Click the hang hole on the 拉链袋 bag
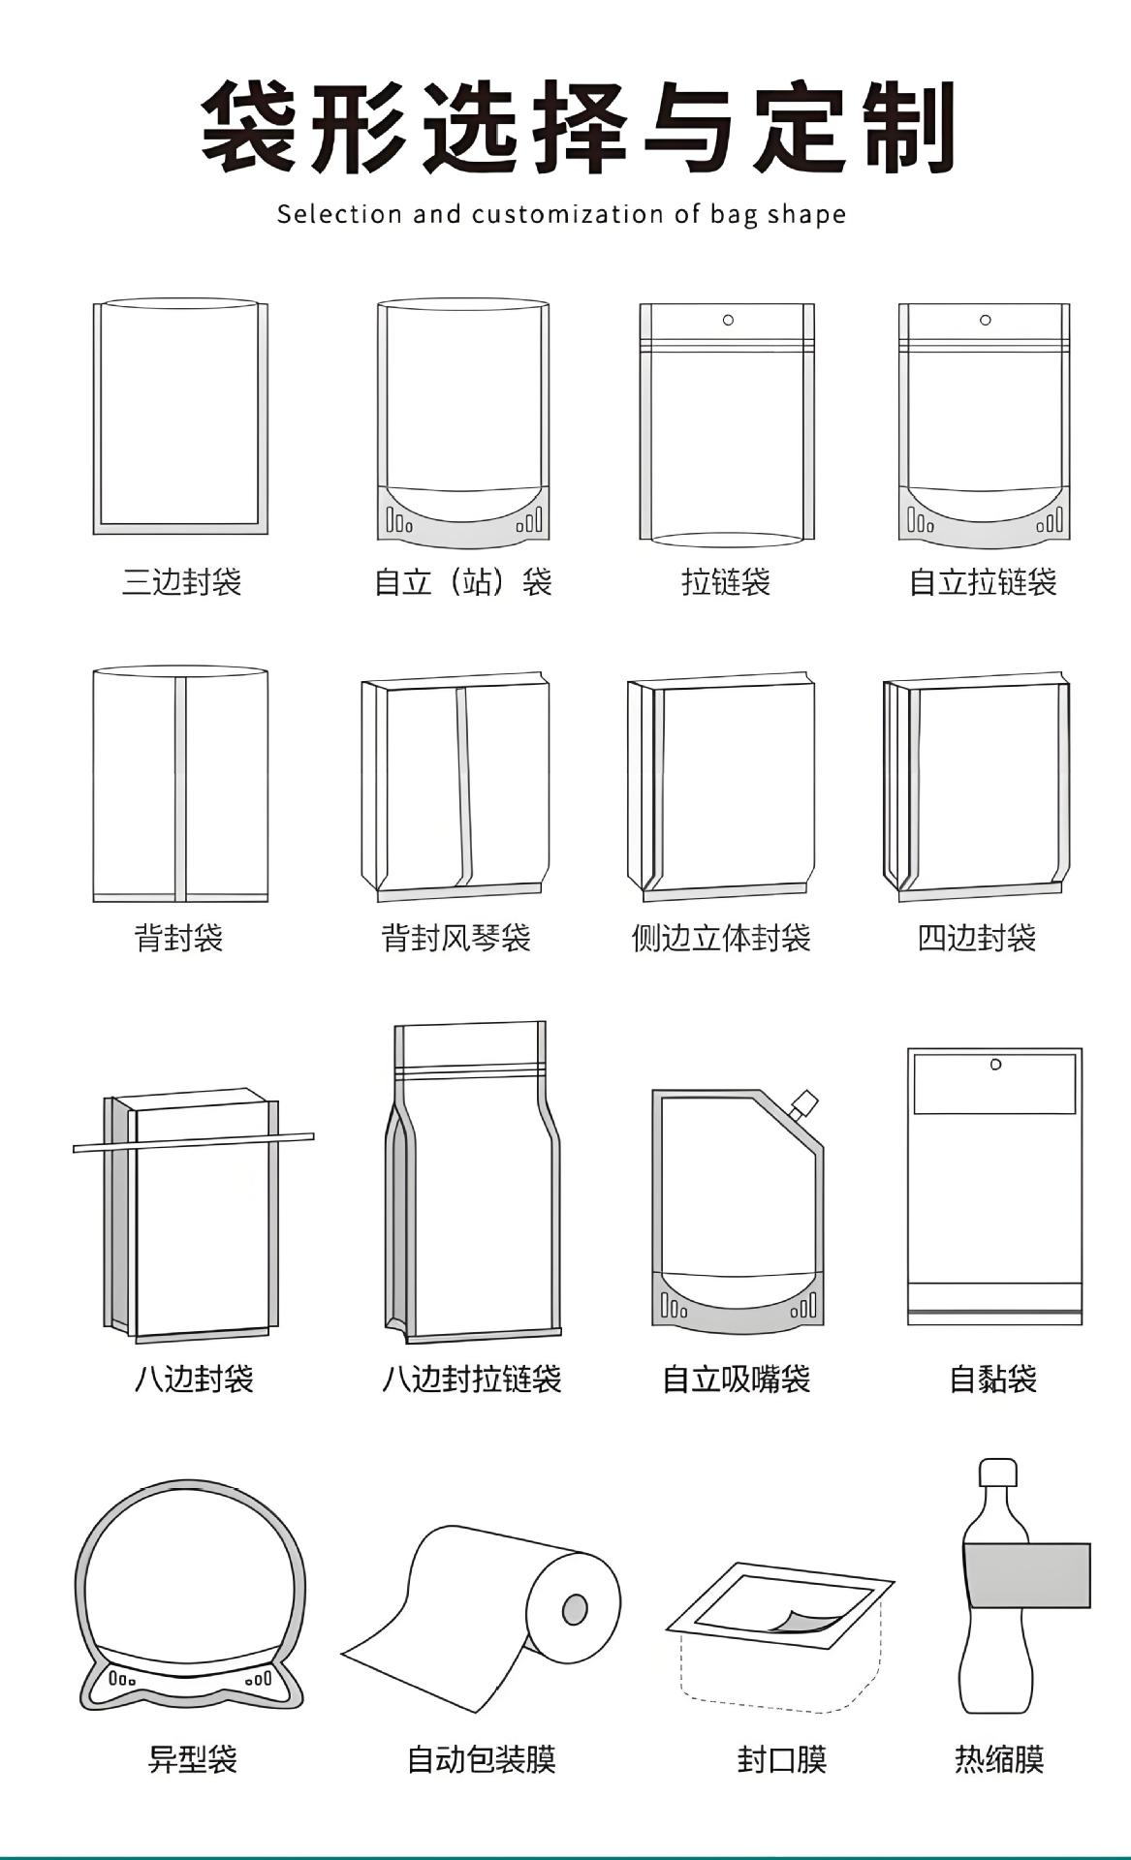point(728,320)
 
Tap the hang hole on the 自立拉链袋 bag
point(985,320)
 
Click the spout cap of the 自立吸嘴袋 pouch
point(803,1103)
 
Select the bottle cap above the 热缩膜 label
point(997,1473)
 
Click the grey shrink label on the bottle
point(1026,1575)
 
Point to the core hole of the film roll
point(575,1609)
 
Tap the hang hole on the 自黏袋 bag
point(995,1065)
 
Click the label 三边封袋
point(181,582)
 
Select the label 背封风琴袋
point(456,938)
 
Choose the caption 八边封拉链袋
point(471,1379)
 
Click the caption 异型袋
point(192,1758)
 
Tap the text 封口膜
point(781,1758)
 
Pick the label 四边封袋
point(977,938)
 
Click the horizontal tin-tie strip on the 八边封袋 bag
point(193,1141)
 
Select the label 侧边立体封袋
point(720,938)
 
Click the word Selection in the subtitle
point(339,214)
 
